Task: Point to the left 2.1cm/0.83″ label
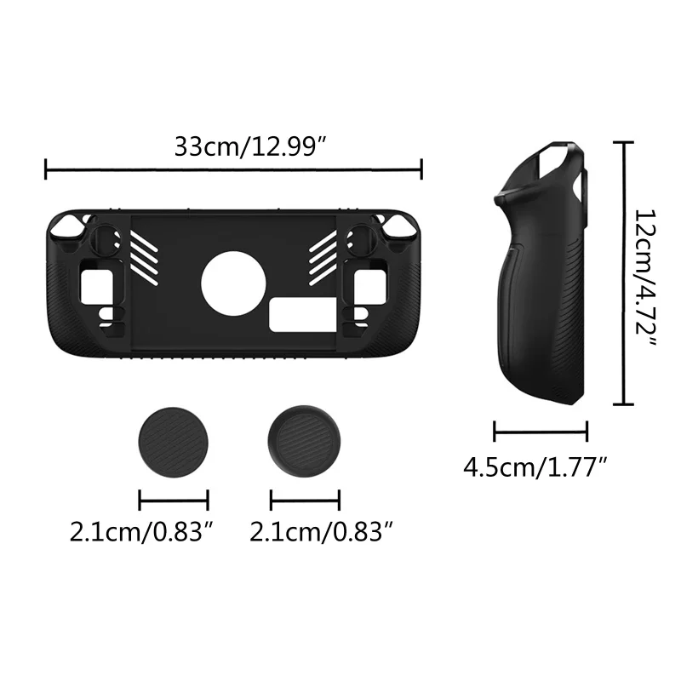pos(141,534)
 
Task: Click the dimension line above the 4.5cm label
pos(541,432)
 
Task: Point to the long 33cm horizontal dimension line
pos(233,170)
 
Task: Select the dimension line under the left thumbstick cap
pos(174,500)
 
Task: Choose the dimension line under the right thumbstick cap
pos(305,500)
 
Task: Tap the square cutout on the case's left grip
pos(95,281)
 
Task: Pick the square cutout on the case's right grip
pos(371,281)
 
